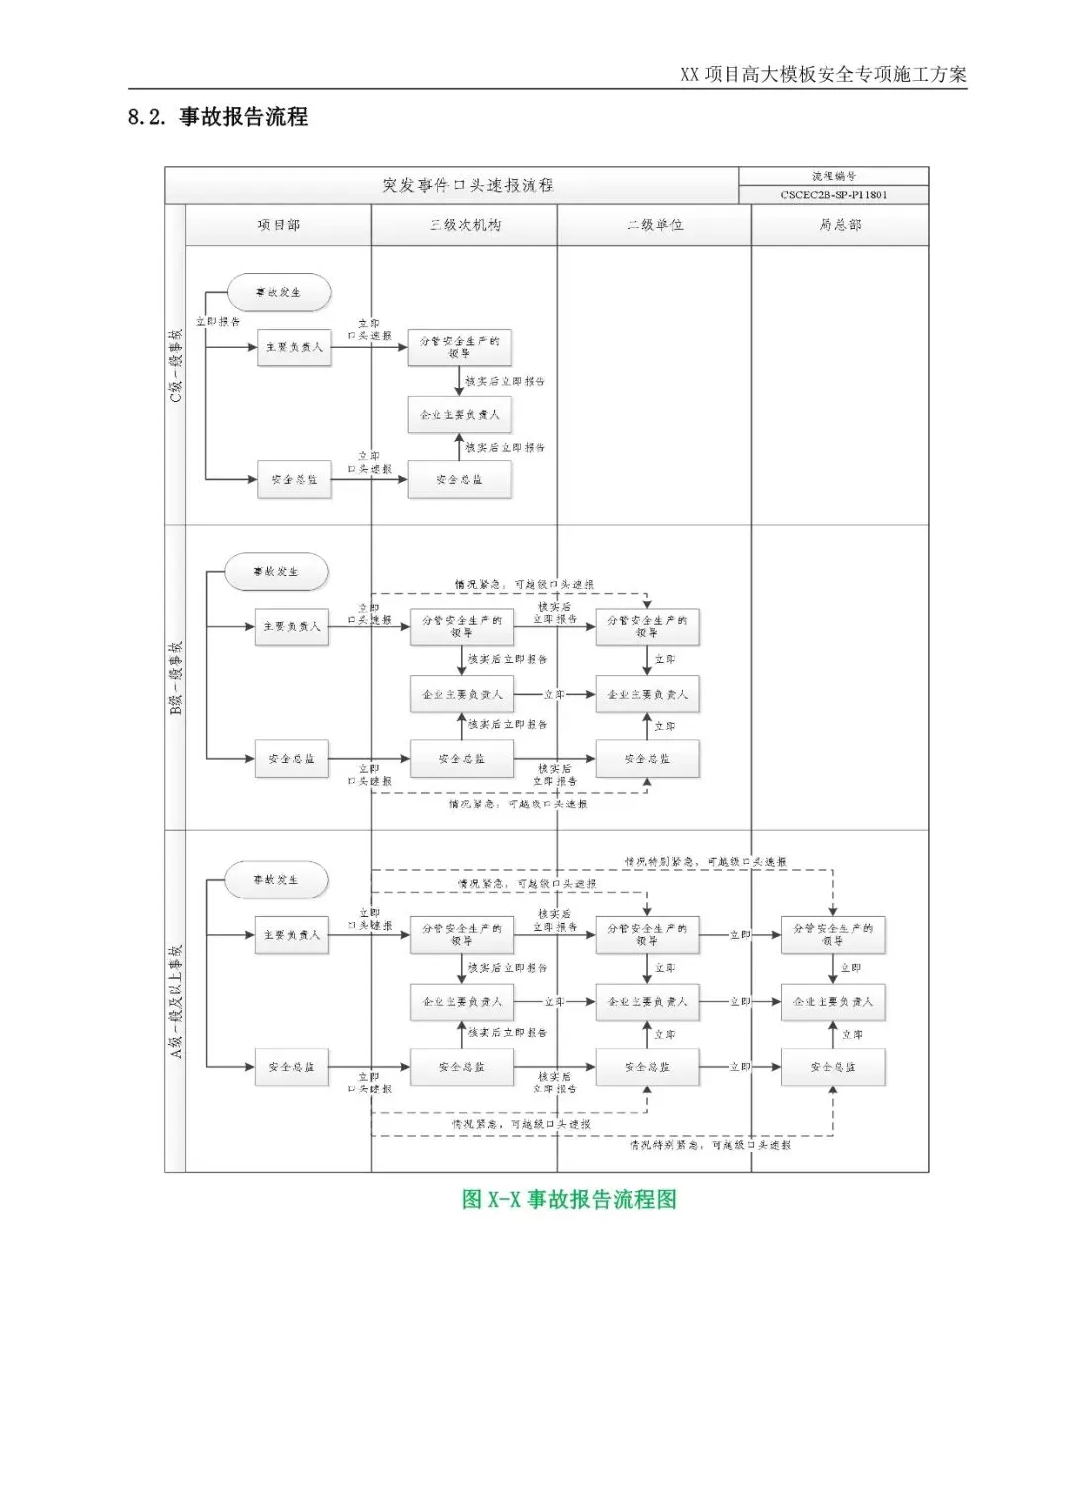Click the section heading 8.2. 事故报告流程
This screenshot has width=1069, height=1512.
(x=218, y=117)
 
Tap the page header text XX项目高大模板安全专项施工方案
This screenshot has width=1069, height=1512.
(x=823, y=74)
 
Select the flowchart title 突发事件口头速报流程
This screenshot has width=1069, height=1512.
(x=467, y=185)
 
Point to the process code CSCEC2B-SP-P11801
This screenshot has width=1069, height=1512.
(x=833, y=195)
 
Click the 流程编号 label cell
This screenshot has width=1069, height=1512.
(x=833, y=176)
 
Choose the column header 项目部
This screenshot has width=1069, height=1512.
(x=278, y=226)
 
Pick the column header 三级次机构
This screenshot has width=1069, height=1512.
(x=464, y=226)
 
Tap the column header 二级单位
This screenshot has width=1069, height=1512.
(x=654, y=226)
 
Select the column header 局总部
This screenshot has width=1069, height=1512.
(x=839, y=226)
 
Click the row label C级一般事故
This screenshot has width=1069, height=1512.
(x=176, y=365)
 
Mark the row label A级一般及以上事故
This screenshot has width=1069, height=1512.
(x=176, y=1000)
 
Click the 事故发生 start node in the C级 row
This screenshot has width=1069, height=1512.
(x=278, y=293)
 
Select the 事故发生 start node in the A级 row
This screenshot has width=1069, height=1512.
(x=275, y=880)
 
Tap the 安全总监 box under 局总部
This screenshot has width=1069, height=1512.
(x=832, y=1067)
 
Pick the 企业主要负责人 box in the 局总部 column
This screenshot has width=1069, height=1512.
(x=832, y=1002)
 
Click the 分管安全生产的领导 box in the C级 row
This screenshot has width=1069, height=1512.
(x=459, y=347)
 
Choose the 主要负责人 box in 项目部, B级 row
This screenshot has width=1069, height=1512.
(x=291, y=627)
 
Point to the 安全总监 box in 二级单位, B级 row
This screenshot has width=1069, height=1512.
(x=646, y=759)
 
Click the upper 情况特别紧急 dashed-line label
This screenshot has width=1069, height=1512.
(x=705, y=862)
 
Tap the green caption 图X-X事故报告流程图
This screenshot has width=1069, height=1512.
(x=569, y=1199)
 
